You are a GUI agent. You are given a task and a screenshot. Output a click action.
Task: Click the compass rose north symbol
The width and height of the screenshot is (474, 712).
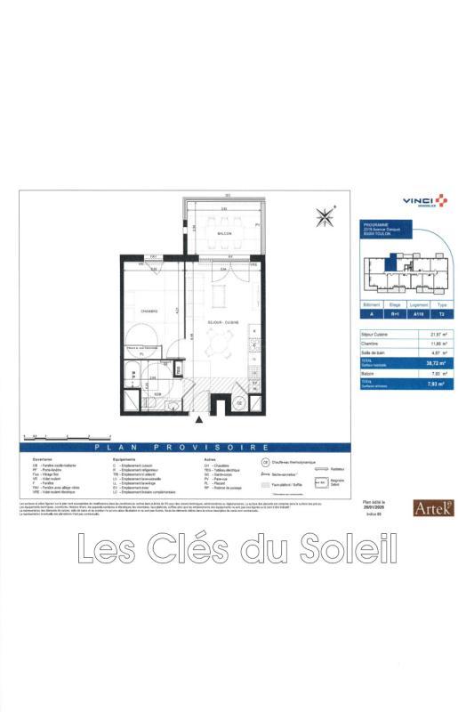[x=325, y=214]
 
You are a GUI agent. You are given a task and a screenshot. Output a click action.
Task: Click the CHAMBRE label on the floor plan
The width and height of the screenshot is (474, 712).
[x=149, y=311]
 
